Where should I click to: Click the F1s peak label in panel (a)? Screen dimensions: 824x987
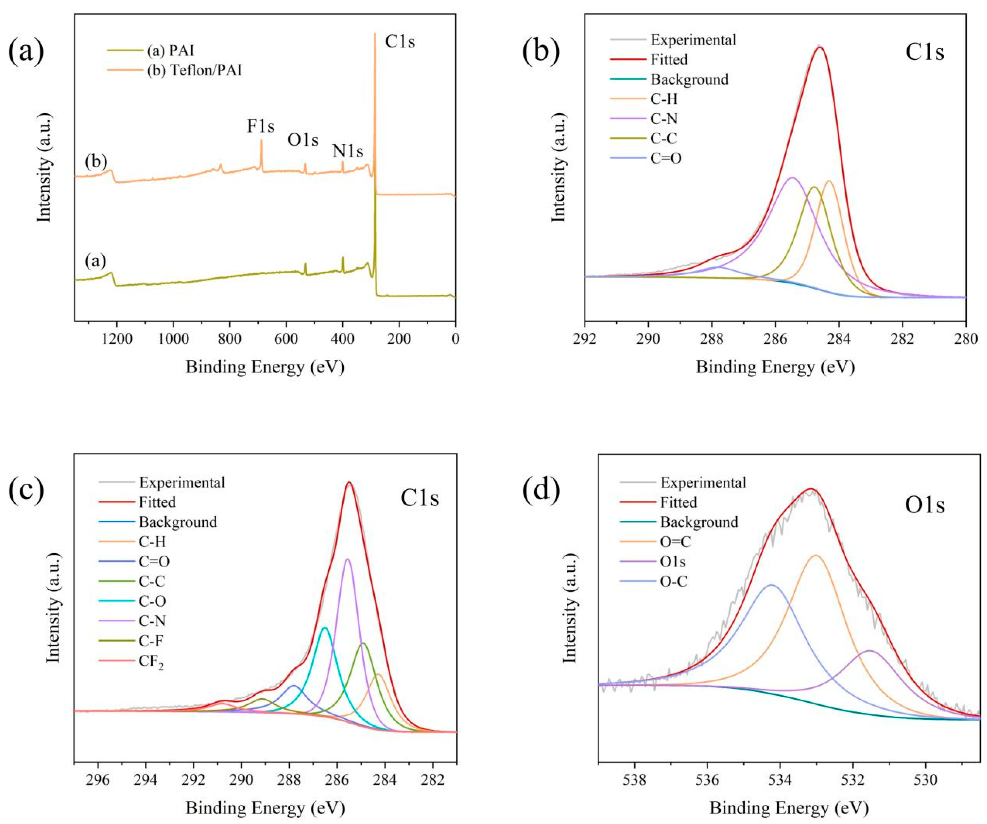point(261,126)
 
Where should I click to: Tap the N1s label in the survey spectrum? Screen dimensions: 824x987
point(348,151)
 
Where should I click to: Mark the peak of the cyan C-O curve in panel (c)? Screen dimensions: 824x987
point(324,628)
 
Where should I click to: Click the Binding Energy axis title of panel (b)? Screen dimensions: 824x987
point(775,367)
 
